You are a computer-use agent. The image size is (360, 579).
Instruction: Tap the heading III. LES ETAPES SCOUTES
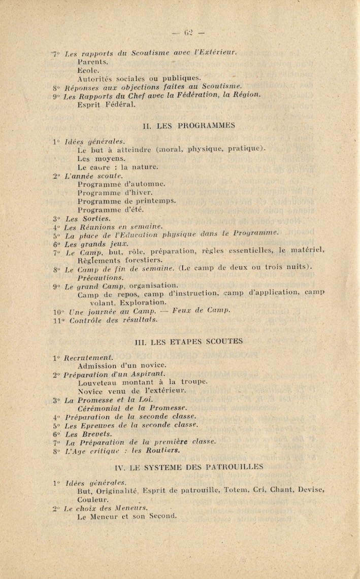[x=188, y=342]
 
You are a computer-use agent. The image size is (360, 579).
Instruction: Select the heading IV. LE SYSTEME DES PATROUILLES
[x=189, y=466]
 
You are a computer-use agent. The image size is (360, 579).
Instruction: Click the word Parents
[x=91, y=61]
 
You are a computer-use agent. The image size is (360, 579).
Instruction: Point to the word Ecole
[x=89, y=70]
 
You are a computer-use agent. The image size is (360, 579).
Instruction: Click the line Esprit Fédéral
[x=106, y=105]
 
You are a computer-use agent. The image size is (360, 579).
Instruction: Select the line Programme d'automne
[x=121, y=184]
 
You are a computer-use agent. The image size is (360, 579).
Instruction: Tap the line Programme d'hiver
[x=115, y=192]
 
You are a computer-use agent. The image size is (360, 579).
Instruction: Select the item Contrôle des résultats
[x=113, y=320]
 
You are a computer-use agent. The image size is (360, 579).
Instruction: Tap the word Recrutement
[x=88, y=357]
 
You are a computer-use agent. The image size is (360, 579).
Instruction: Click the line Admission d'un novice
[x=122, y=365]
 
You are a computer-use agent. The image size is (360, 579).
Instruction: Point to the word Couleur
[x=93, y=499]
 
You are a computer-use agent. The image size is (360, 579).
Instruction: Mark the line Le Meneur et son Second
[x=127, y=517]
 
